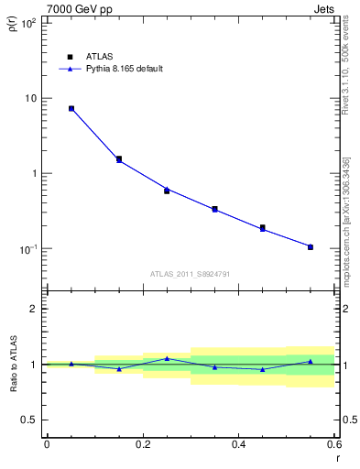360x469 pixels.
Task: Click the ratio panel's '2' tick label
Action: tap(34, 309)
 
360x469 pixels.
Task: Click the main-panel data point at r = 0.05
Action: tap(71, 108)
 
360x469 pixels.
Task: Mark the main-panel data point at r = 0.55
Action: tap(311, 247)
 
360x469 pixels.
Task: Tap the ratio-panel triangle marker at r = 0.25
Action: tap(167, 358)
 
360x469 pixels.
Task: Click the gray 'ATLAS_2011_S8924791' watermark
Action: tap(190, 273)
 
